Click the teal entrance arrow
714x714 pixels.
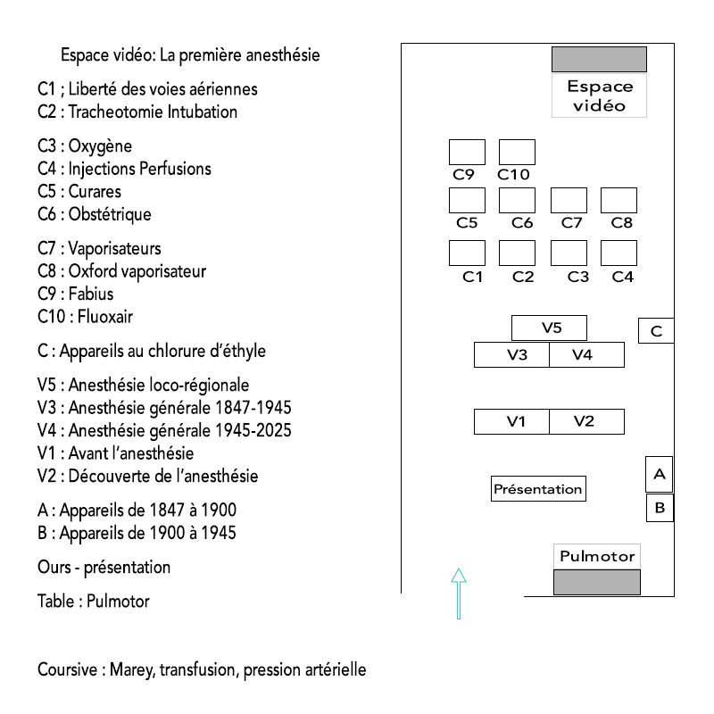tap(459, 594)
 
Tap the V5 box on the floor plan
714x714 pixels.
tap(549, 328)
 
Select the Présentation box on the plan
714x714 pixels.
tap(538, 488)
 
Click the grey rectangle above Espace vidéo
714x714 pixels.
tap(599, 59)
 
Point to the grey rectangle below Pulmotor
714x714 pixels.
tap(597, 582)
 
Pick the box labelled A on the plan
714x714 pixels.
tap(660, 474)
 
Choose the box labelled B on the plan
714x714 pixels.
tap(660, 508)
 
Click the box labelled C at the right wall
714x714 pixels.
tap(656, 330)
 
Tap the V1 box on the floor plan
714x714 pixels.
tap(511, 421)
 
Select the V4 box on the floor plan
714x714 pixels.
tap(586, 354)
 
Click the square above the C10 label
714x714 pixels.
tap(517, 152)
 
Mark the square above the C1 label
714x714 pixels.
tap(467, 253)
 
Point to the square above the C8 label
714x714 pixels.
tap(619, 200)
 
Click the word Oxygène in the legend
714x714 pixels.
tap(100, 146)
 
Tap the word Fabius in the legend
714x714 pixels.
tap(91, 294)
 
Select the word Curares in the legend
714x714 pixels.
tap(95, 191)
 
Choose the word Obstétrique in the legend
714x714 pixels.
tap(110, 214)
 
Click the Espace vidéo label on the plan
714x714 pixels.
tap(600, 96)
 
